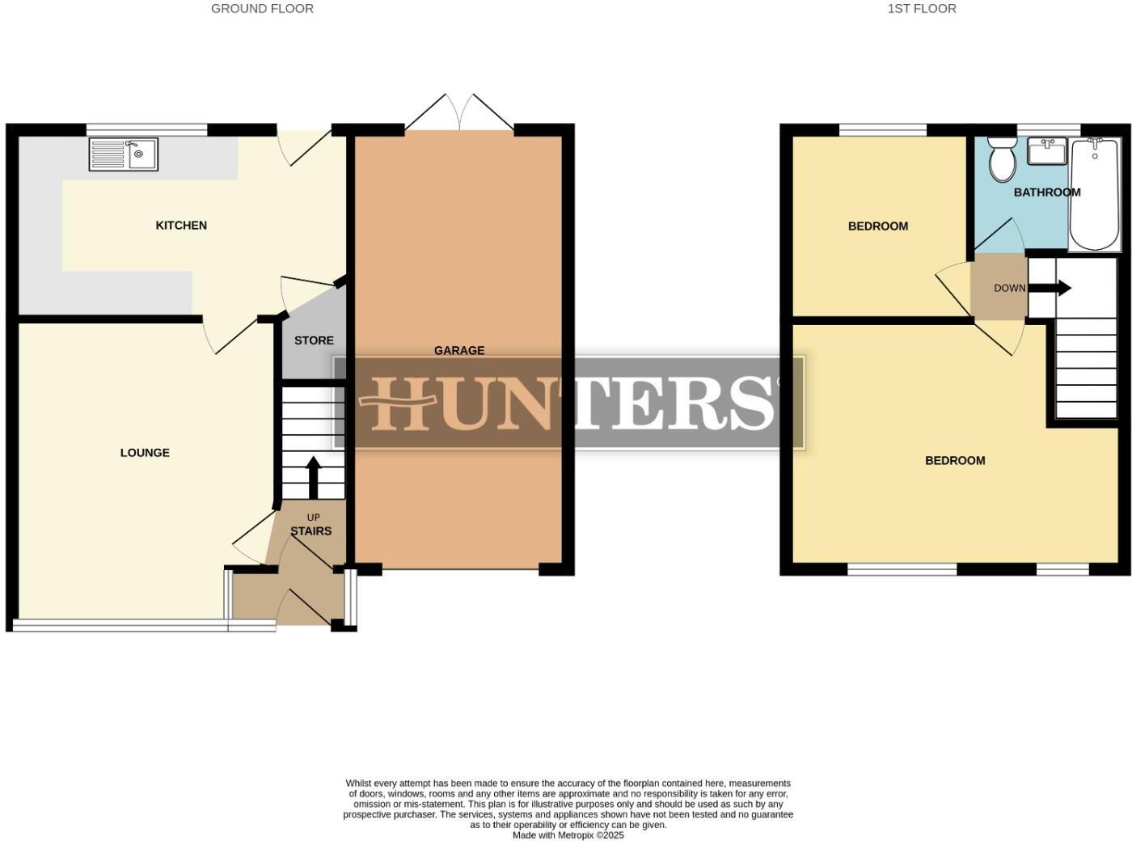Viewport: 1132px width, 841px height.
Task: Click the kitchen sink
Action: pyautogui.click(x=125, y=154)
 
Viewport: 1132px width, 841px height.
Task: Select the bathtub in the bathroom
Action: pyautogui.click(x=1096, y=194)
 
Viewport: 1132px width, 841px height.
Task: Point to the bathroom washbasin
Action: pyautogui.click(x=1047, y=151)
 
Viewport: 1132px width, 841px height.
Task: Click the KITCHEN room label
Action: pyautogui.click(x=181, y=226)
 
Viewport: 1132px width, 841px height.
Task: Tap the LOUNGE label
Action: pyautogui.click(x=145, y=453)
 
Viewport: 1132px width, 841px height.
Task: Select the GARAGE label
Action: pyautogui.click(x=459, y=350)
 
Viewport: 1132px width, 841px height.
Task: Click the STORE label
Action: pyautogui.click(x=314, y=340)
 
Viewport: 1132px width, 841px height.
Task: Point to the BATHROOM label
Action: pyautogui.click(x=1047, y=192)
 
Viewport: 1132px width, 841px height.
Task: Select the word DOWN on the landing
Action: pyautogui.click(x=1009, y=288)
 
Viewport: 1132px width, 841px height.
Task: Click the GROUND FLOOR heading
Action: pyautogui.click(x=262, y=9)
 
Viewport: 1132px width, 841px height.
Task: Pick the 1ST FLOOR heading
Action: pyautogui.click(x=921, y=9)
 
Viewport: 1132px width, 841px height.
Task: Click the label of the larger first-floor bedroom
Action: pyautogui.click(x=955, y=461)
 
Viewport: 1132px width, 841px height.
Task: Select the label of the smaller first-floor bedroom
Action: pyautogui.click(x=877, y=226)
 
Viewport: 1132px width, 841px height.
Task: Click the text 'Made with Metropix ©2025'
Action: pyautogui.click(x=568, y=835)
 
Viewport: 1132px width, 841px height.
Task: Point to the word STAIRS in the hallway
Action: pyautogui.click(x=311, y=531)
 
